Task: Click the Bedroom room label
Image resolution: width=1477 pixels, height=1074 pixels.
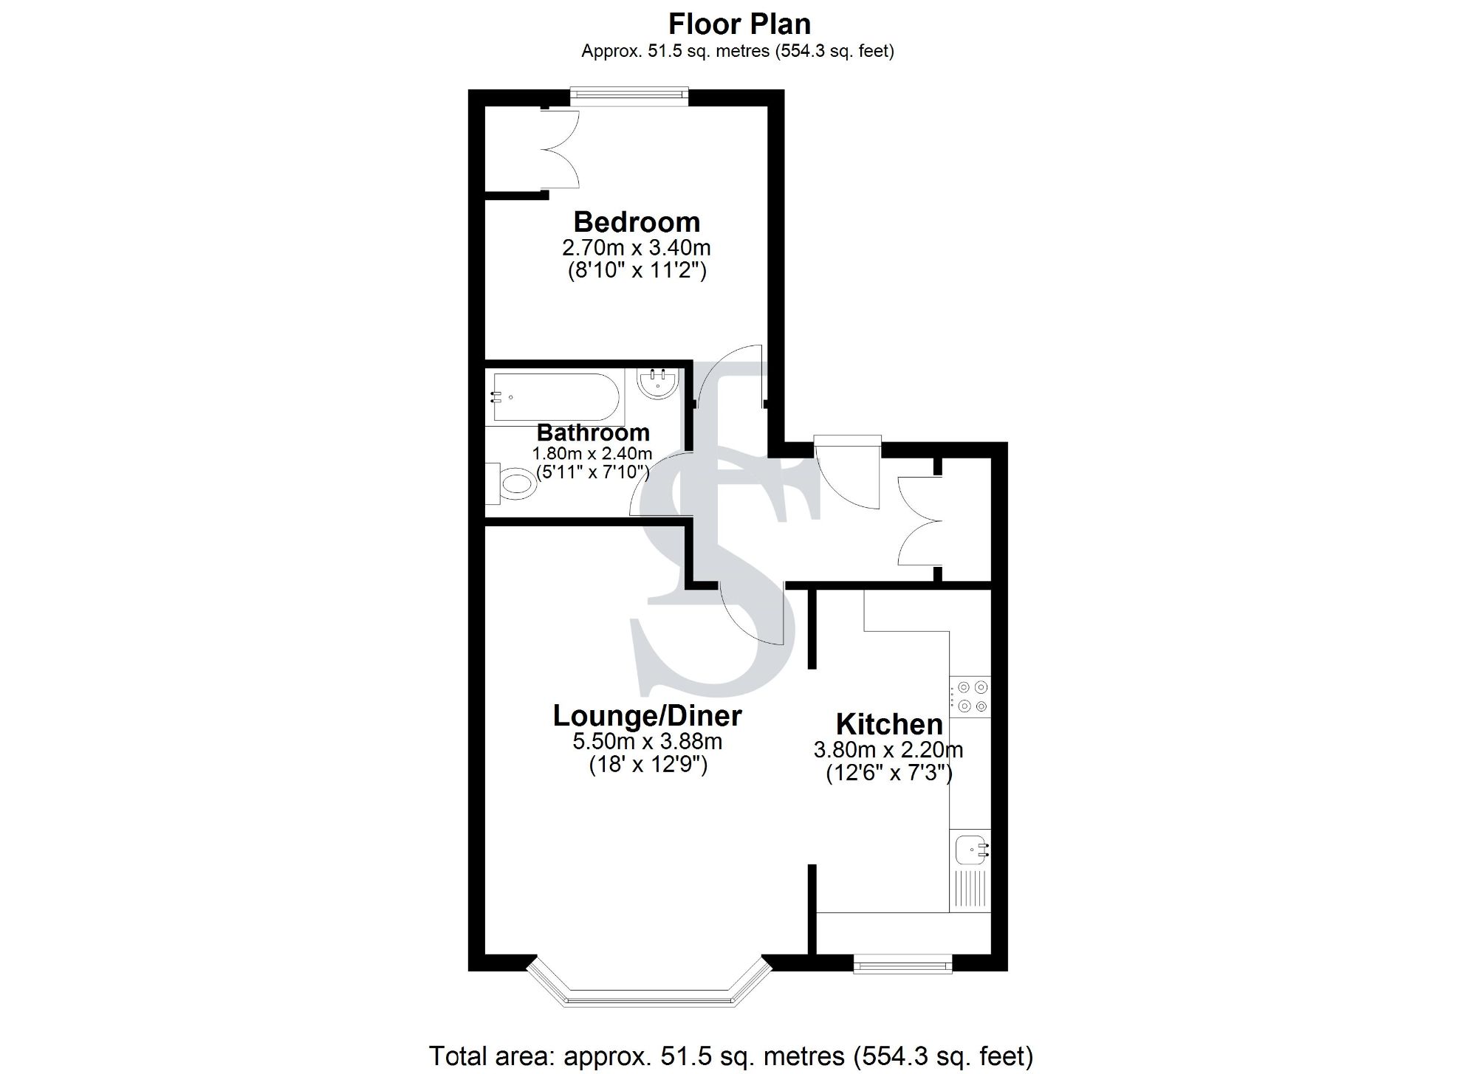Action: point(637,222)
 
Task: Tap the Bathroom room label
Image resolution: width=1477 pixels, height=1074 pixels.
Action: point(593,433)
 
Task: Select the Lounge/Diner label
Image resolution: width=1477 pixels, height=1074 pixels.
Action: point(647,716)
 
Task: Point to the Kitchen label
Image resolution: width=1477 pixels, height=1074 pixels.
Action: point(889,724)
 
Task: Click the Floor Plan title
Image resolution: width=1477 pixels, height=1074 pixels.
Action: point(739,24)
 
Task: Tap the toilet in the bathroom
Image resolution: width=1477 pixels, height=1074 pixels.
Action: point(514,484)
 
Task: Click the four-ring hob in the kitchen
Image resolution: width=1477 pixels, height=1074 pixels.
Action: point(970,697)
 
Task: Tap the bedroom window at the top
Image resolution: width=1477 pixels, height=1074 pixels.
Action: point(629,94)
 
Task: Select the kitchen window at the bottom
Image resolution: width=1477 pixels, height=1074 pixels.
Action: point(902,964)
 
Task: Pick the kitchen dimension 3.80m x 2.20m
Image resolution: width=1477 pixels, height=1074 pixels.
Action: point(888,751)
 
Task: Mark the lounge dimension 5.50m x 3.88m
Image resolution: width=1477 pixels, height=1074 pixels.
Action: point(648,741)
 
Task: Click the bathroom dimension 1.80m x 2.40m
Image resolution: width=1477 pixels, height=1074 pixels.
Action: point(592,453)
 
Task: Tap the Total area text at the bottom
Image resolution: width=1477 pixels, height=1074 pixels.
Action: point(730,1056)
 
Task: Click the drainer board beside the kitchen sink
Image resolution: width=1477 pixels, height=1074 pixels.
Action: point(970,889)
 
